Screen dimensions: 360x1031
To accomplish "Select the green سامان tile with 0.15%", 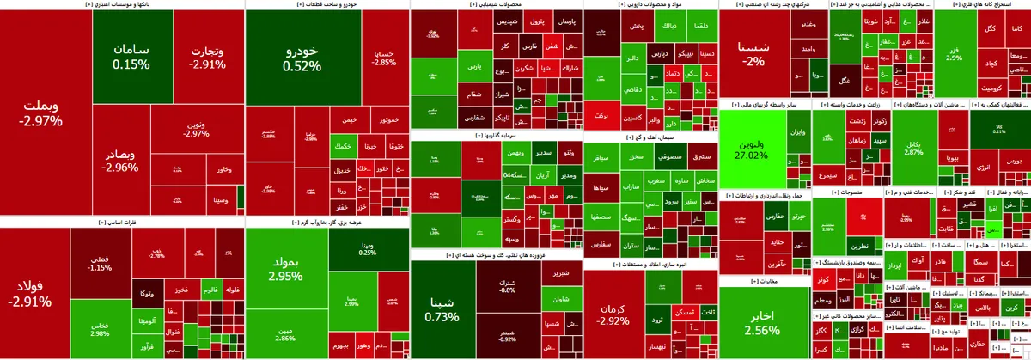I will (130, 55).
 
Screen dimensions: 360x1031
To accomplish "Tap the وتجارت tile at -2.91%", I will (208, 55).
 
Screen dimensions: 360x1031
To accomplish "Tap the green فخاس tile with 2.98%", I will (99, 328).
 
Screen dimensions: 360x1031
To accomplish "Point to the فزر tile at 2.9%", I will (954, 52).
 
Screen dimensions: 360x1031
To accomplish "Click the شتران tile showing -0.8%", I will (507, 285).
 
